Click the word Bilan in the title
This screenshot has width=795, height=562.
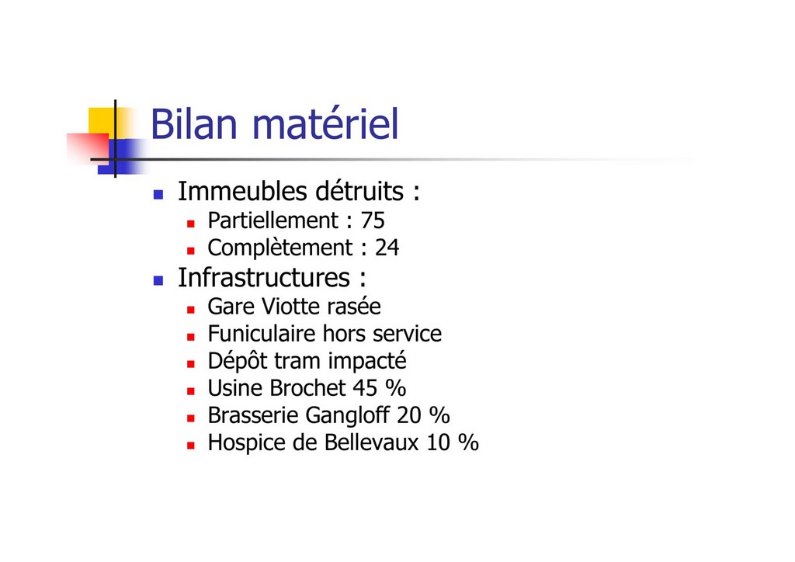coord(194,123)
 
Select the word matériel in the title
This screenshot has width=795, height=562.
coord(325,123)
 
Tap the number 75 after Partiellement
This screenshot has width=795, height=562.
coord(373,220)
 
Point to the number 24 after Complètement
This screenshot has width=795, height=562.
coord(387,248)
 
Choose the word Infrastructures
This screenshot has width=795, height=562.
coord(264,278)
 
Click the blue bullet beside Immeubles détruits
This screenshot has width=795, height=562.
coord(158,194)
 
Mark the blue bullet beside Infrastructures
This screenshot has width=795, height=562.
coord(158,280)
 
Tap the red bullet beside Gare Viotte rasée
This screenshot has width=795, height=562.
coord(191,309)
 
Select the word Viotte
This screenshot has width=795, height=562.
coord(291,307)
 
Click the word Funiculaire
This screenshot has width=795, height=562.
coord(262,334)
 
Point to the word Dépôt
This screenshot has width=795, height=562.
coord(238,362)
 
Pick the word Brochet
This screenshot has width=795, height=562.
coord(307,388)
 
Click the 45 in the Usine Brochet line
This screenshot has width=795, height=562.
coord(365,388)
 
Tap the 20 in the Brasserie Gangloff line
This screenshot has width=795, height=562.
coord(409,415)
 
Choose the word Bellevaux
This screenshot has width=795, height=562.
coord(372,442)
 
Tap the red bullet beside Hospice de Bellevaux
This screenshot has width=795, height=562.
coord(191,446)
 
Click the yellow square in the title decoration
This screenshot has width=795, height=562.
coord(102,120)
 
